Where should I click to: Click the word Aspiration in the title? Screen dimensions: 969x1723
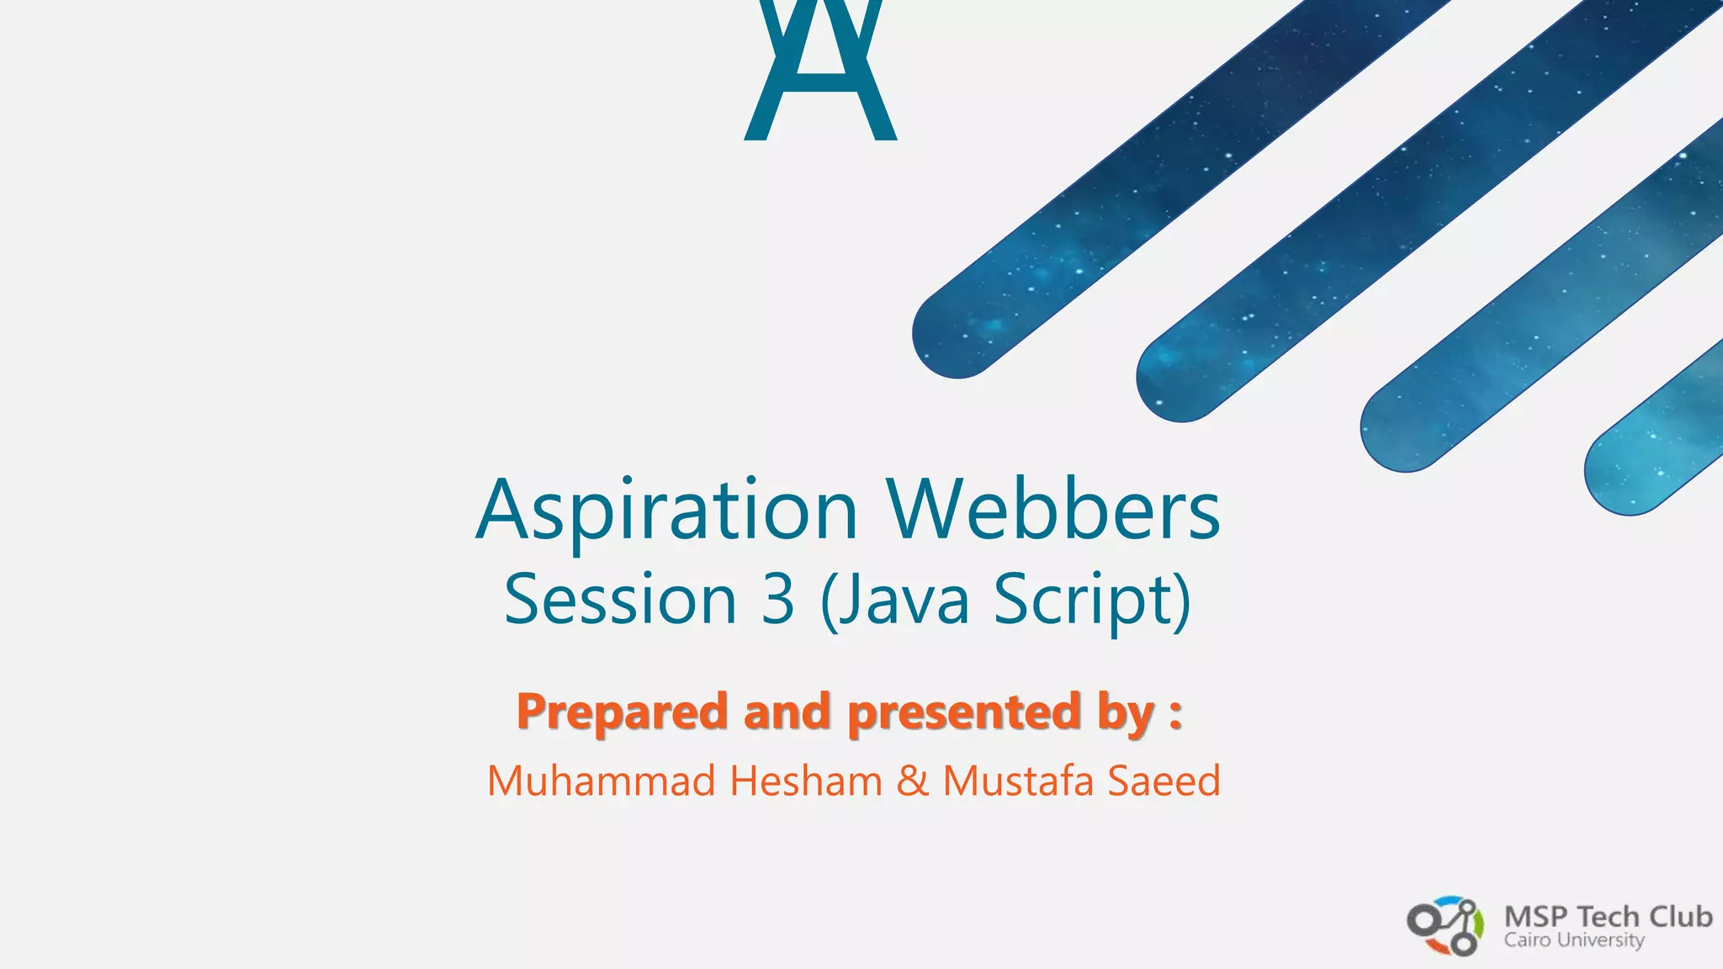[x=666, y=511]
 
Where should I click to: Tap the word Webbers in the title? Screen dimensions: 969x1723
[x=1052, y=510]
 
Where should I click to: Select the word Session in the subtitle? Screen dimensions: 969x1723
[x=620, y=599]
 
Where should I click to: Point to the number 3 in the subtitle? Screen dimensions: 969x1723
[x=777, y=599]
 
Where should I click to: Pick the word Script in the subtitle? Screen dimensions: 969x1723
[x=1085, y=599]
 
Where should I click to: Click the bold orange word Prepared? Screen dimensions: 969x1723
[x=622, y=712]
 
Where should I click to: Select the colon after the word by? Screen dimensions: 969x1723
[x=1175, y=713]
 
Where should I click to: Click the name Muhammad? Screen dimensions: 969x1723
[x=601, y=781]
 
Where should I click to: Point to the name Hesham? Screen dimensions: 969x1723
[x=806, y=781]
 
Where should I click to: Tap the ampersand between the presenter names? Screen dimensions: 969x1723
[x=912, y=781]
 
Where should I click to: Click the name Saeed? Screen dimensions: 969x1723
[x=1164, y=781]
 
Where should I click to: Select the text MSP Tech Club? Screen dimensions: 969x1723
[x=1608, y=916]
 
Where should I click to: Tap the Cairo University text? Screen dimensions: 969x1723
[x=1574, y=940]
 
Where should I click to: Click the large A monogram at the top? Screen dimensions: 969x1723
[x=820, y=71]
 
